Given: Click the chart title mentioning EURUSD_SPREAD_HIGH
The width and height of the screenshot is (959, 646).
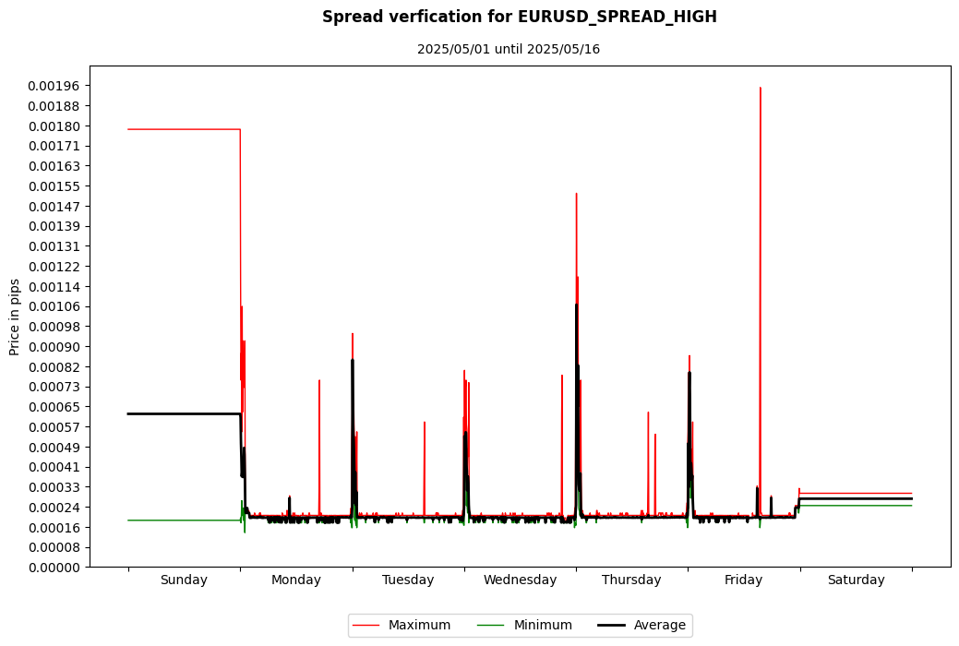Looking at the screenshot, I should coord(519,18).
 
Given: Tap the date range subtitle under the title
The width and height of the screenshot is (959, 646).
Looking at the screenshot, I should coord(508,49).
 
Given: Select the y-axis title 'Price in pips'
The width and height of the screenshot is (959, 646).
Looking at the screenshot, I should coord(16,317).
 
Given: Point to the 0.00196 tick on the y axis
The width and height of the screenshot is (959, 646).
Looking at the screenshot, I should coord(54,86).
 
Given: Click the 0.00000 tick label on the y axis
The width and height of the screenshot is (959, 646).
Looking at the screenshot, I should coord(54,568).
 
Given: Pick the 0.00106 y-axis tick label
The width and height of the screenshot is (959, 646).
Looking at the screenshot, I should coord(54,306).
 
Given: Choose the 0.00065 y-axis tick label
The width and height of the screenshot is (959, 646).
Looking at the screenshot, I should coord(54,407).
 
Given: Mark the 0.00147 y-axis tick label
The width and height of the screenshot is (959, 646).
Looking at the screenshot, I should coord(54,206).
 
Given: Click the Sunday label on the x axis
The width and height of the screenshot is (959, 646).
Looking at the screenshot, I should coord(184,580).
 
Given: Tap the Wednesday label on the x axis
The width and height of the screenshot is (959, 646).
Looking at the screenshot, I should coord(520,580).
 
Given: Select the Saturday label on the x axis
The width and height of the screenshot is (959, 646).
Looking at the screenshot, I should coord(856,580).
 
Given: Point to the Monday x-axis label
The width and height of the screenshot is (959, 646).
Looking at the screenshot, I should coord(296,580).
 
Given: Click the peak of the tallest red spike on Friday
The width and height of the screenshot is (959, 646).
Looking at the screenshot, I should coord(760,89).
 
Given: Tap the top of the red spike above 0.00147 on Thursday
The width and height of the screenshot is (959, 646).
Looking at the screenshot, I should coord(576,194).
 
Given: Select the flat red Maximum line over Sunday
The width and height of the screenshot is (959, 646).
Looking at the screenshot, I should coord(184,129).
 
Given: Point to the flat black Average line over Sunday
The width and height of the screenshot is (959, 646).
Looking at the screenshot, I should coord(184,413).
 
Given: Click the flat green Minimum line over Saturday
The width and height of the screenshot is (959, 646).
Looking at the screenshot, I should coord(856,506).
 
